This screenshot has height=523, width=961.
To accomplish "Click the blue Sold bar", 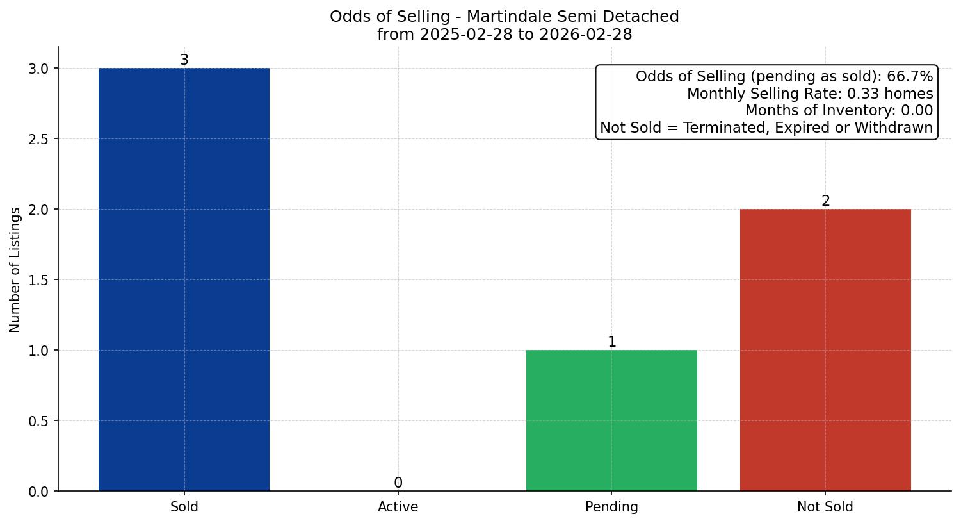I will click(184, 279).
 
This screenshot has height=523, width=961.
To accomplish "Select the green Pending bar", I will click(611, 420).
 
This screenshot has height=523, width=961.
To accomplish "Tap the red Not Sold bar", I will click(825, 350).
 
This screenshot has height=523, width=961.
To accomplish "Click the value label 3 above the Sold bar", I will click(184, 60).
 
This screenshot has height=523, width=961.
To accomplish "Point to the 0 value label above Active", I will click(398, 483).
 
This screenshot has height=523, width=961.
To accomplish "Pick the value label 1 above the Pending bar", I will click(612, 342).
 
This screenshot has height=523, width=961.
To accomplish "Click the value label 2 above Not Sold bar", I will click(826, 201).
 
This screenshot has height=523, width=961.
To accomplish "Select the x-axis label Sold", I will click(184, 507).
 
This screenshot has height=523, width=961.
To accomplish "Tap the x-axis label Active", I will click(398, 507).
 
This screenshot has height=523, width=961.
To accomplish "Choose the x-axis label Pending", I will click(611, 507).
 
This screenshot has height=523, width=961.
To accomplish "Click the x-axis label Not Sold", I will click(825, 507).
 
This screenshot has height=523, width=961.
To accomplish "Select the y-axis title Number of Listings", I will click(15, 269).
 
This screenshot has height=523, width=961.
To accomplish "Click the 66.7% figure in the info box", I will click(910, 77).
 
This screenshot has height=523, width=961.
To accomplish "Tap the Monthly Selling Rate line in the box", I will click(810, 94).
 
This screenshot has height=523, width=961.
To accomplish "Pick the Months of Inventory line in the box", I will click(839, 110).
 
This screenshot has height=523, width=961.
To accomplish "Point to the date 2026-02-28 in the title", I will click(586, 35).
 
